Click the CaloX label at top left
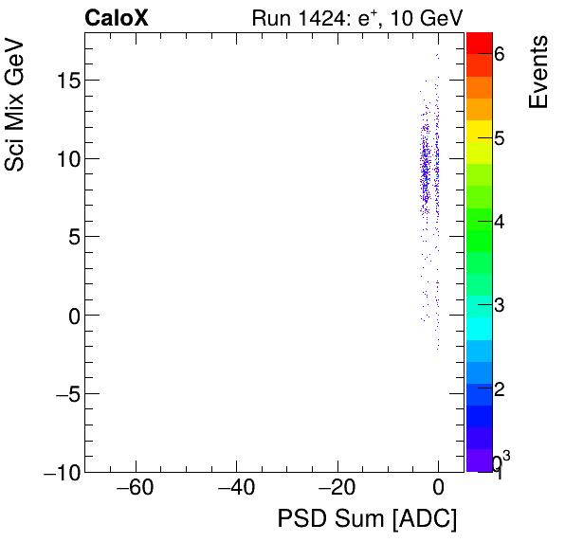(116, 17)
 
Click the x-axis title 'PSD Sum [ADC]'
(367, 519)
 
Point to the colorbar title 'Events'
(538, 72)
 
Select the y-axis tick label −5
(63, 393)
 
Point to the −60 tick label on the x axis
(136, 489)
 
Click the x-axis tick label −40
(236, 489)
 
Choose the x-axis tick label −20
(337, 489)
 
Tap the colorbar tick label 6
(499, 55)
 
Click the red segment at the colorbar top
(479, 42)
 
